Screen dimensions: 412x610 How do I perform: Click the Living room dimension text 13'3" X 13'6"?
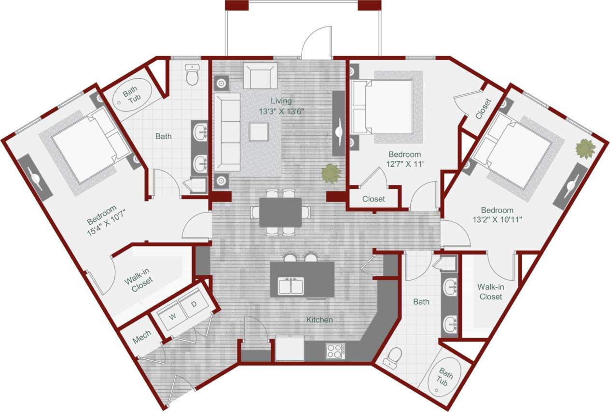pyautogui.click(x=282, y=111)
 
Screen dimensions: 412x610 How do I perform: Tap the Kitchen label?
pyautogui.click(x=319, y=320)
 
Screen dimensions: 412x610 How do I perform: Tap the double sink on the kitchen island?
pyautogui.click(x=291, y=286)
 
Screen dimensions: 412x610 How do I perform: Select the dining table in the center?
pyautogui.click(x=280, y=212)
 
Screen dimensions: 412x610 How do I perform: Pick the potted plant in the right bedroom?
pyautogui.click(x=585, y=149)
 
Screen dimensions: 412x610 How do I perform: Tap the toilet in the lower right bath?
pyautogui.click(x=394, y=357)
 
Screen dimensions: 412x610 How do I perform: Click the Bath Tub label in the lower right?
pyautogui.click(x=444, y=377)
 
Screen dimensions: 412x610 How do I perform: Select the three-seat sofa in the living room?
pyautogui.click(x=227, y=132)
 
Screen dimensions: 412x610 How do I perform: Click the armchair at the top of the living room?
pyautogui.click(x=260, y=76)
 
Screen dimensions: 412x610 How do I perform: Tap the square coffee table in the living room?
pyautogui.click(x=259, y=131)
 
